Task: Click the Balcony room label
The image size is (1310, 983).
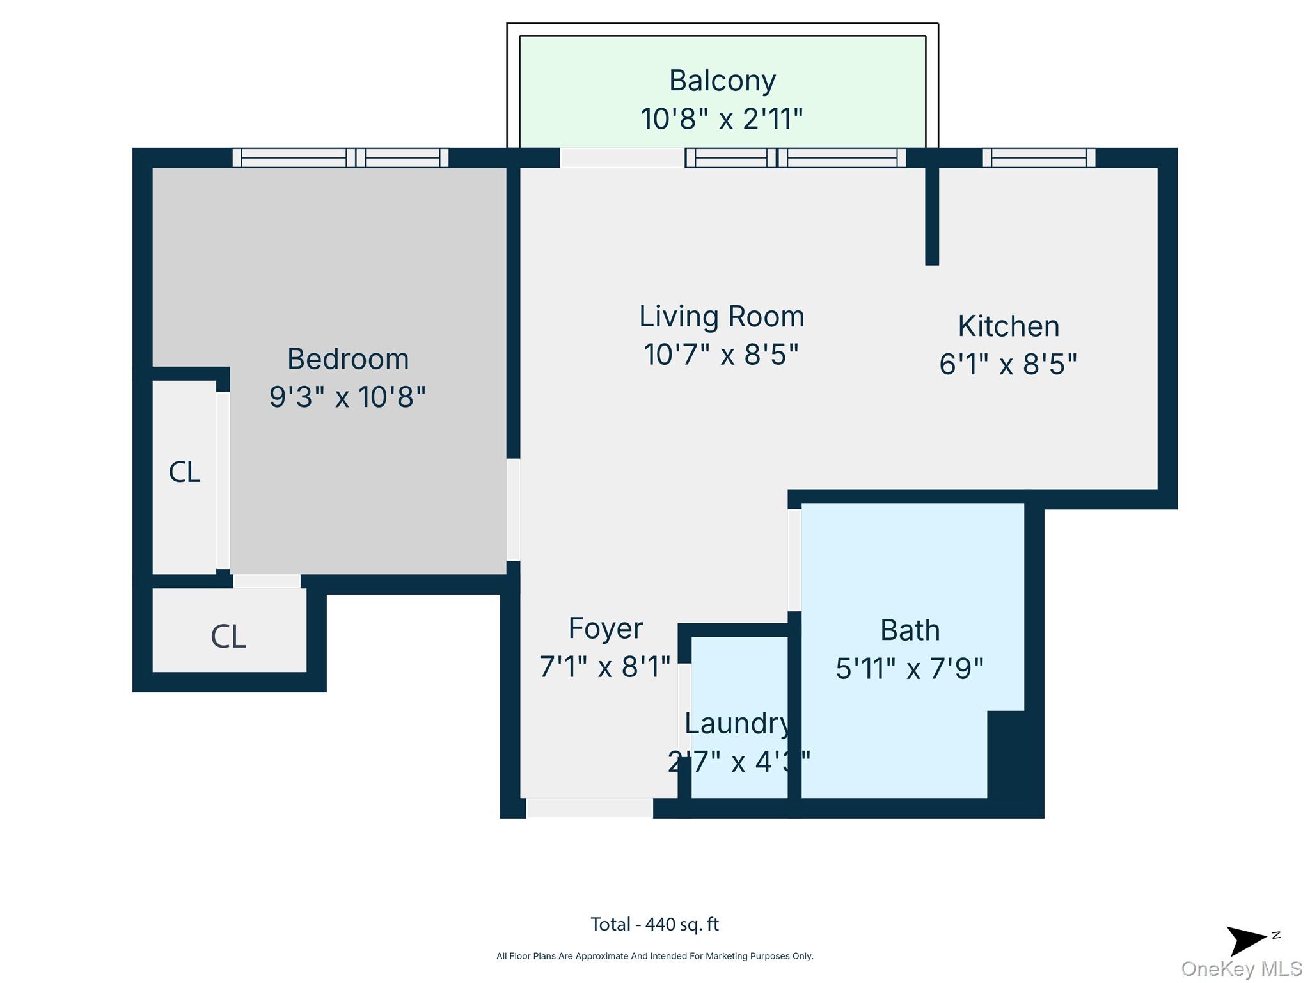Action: tap(722, 81)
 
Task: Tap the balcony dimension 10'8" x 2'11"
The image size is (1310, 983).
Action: tap(722, 119)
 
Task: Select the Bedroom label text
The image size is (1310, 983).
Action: tap(347, 358)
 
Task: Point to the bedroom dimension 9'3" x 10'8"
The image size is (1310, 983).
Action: tap(347, 397)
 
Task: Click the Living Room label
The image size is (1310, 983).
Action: tap(722, 316)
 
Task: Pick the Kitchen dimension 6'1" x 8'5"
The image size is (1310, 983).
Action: tap(1007, 364)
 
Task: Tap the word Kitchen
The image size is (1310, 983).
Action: tap(1008, 326)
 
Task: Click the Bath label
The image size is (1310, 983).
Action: tap(910, 630)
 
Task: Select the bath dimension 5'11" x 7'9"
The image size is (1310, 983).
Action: tap(909, 669)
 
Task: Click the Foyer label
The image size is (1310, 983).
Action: tap(605, 628)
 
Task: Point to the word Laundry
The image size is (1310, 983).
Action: tap(737, 723)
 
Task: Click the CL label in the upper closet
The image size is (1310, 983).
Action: tap(184, 472)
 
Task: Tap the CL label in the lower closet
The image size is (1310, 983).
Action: tap(228, 637)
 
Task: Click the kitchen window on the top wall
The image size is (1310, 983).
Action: tap(1038, 157)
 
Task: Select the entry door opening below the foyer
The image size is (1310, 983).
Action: tap(589, 808)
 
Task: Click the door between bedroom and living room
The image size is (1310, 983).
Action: tap(513, 509)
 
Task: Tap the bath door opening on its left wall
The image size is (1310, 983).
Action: tap(794, 559)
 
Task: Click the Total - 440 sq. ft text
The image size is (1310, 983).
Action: tap(654, 924)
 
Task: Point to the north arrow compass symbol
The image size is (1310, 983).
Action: tap(1247, 940)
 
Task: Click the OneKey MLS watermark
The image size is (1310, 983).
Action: tap(1241, 969)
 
